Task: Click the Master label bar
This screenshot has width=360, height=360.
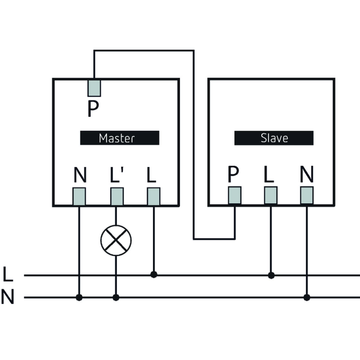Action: (120, 138)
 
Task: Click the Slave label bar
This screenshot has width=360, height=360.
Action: (274, 138)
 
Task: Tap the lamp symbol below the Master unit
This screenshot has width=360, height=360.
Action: (116, 240)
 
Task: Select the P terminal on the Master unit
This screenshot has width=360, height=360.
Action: (94, 87)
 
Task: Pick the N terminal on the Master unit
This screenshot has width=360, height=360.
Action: (79, 196)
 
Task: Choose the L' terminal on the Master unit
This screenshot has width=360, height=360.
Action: (117, 196)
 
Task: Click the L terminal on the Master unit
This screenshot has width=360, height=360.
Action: (154, 196)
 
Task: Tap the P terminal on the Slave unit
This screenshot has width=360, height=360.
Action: (235, 195)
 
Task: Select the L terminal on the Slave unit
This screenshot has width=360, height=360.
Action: (271, 195)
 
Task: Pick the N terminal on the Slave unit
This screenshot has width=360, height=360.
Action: (307, 195)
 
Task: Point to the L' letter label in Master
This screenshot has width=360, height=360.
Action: (117, 175)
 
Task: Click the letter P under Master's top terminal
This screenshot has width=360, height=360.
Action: (93, 109)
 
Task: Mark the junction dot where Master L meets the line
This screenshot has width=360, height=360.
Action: (154, 275)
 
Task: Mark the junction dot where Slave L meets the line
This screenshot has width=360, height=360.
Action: (271, 275)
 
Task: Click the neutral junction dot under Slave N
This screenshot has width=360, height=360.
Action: (307, 297)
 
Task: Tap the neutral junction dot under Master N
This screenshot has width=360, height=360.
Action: (79, 297)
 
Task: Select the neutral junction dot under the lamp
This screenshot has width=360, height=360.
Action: (116, 297)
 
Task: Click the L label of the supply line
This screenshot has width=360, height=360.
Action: (8, 275)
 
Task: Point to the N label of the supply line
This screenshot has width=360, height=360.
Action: (8, 298)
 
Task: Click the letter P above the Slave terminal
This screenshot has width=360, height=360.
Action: (233, 175)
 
